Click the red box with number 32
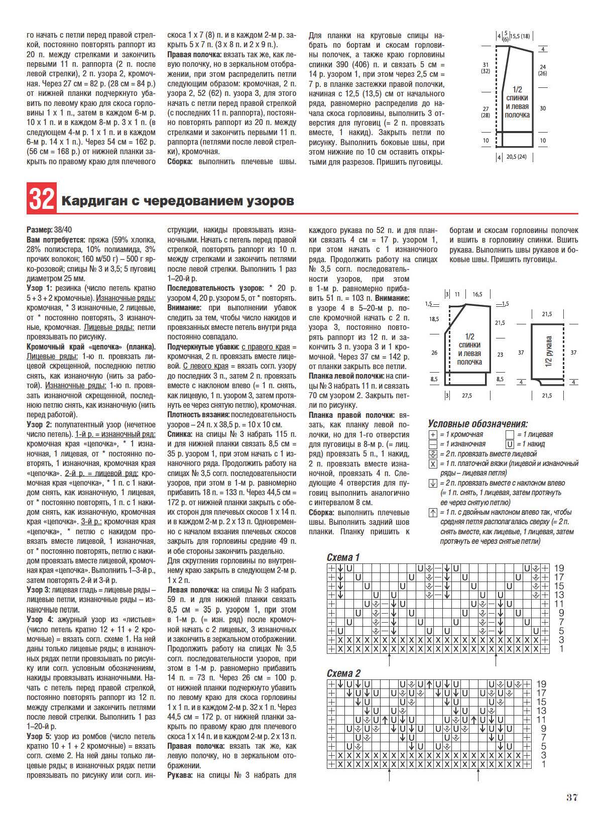coord(41,200)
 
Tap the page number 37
coord(572,797)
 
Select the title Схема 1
coord(343,557)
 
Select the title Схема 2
coord(343,673)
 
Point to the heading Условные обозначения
coord(477,424)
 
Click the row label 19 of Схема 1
coord(558,568)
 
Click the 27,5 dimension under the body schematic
coord(467,396)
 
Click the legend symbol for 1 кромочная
coord(433,434)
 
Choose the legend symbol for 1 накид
coord(510,444)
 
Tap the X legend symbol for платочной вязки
coord(433,463)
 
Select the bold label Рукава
coord(180,775)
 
